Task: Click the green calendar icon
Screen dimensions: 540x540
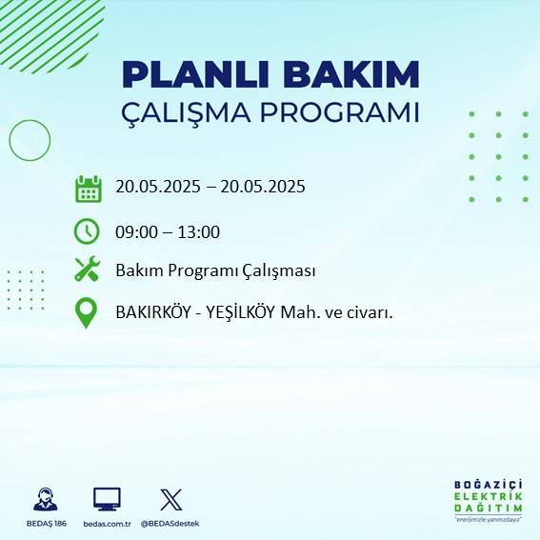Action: tap(88, 189)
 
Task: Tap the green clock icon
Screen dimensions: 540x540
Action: tap(87, 231)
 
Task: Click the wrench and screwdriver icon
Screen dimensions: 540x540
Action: tap(88, 270)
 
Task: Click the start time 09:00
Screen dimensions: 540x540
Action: tap(136, 231)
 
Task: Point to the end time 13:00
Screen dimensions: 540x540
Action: tap(199, 231)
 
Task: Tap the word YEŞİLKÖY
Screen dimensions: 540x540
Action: tap(235, 311)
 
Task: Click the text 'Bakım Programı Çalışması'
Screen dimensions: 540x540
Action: tap(215, 270)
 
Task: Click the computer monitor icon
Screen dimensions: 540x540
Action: tap(107, 498)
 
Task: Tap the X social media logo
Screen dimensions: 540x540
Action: tap(171, 499)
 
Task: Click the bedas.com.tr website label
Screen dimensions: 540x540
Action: tap(107, 524)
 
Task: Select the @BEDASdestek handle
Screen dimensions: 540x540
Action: tap(171, 524)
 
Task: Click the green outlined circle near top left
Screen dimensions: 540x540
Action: tap(30, 140)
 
